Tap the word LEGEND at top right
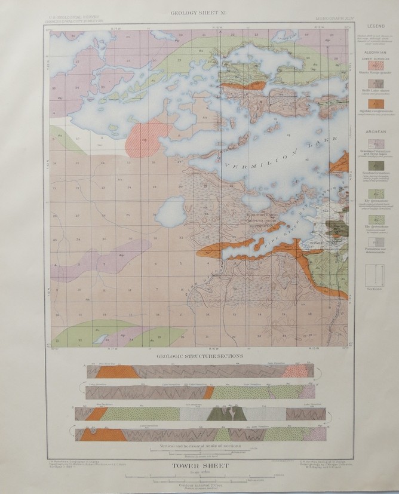pyautogui.click(x=376, y=27)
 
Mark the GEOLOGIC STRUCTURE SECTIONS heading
pyautogui.click(x=199, y=356)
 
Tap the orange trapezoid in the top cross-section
pyautogui.click(x=116, y=372)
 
